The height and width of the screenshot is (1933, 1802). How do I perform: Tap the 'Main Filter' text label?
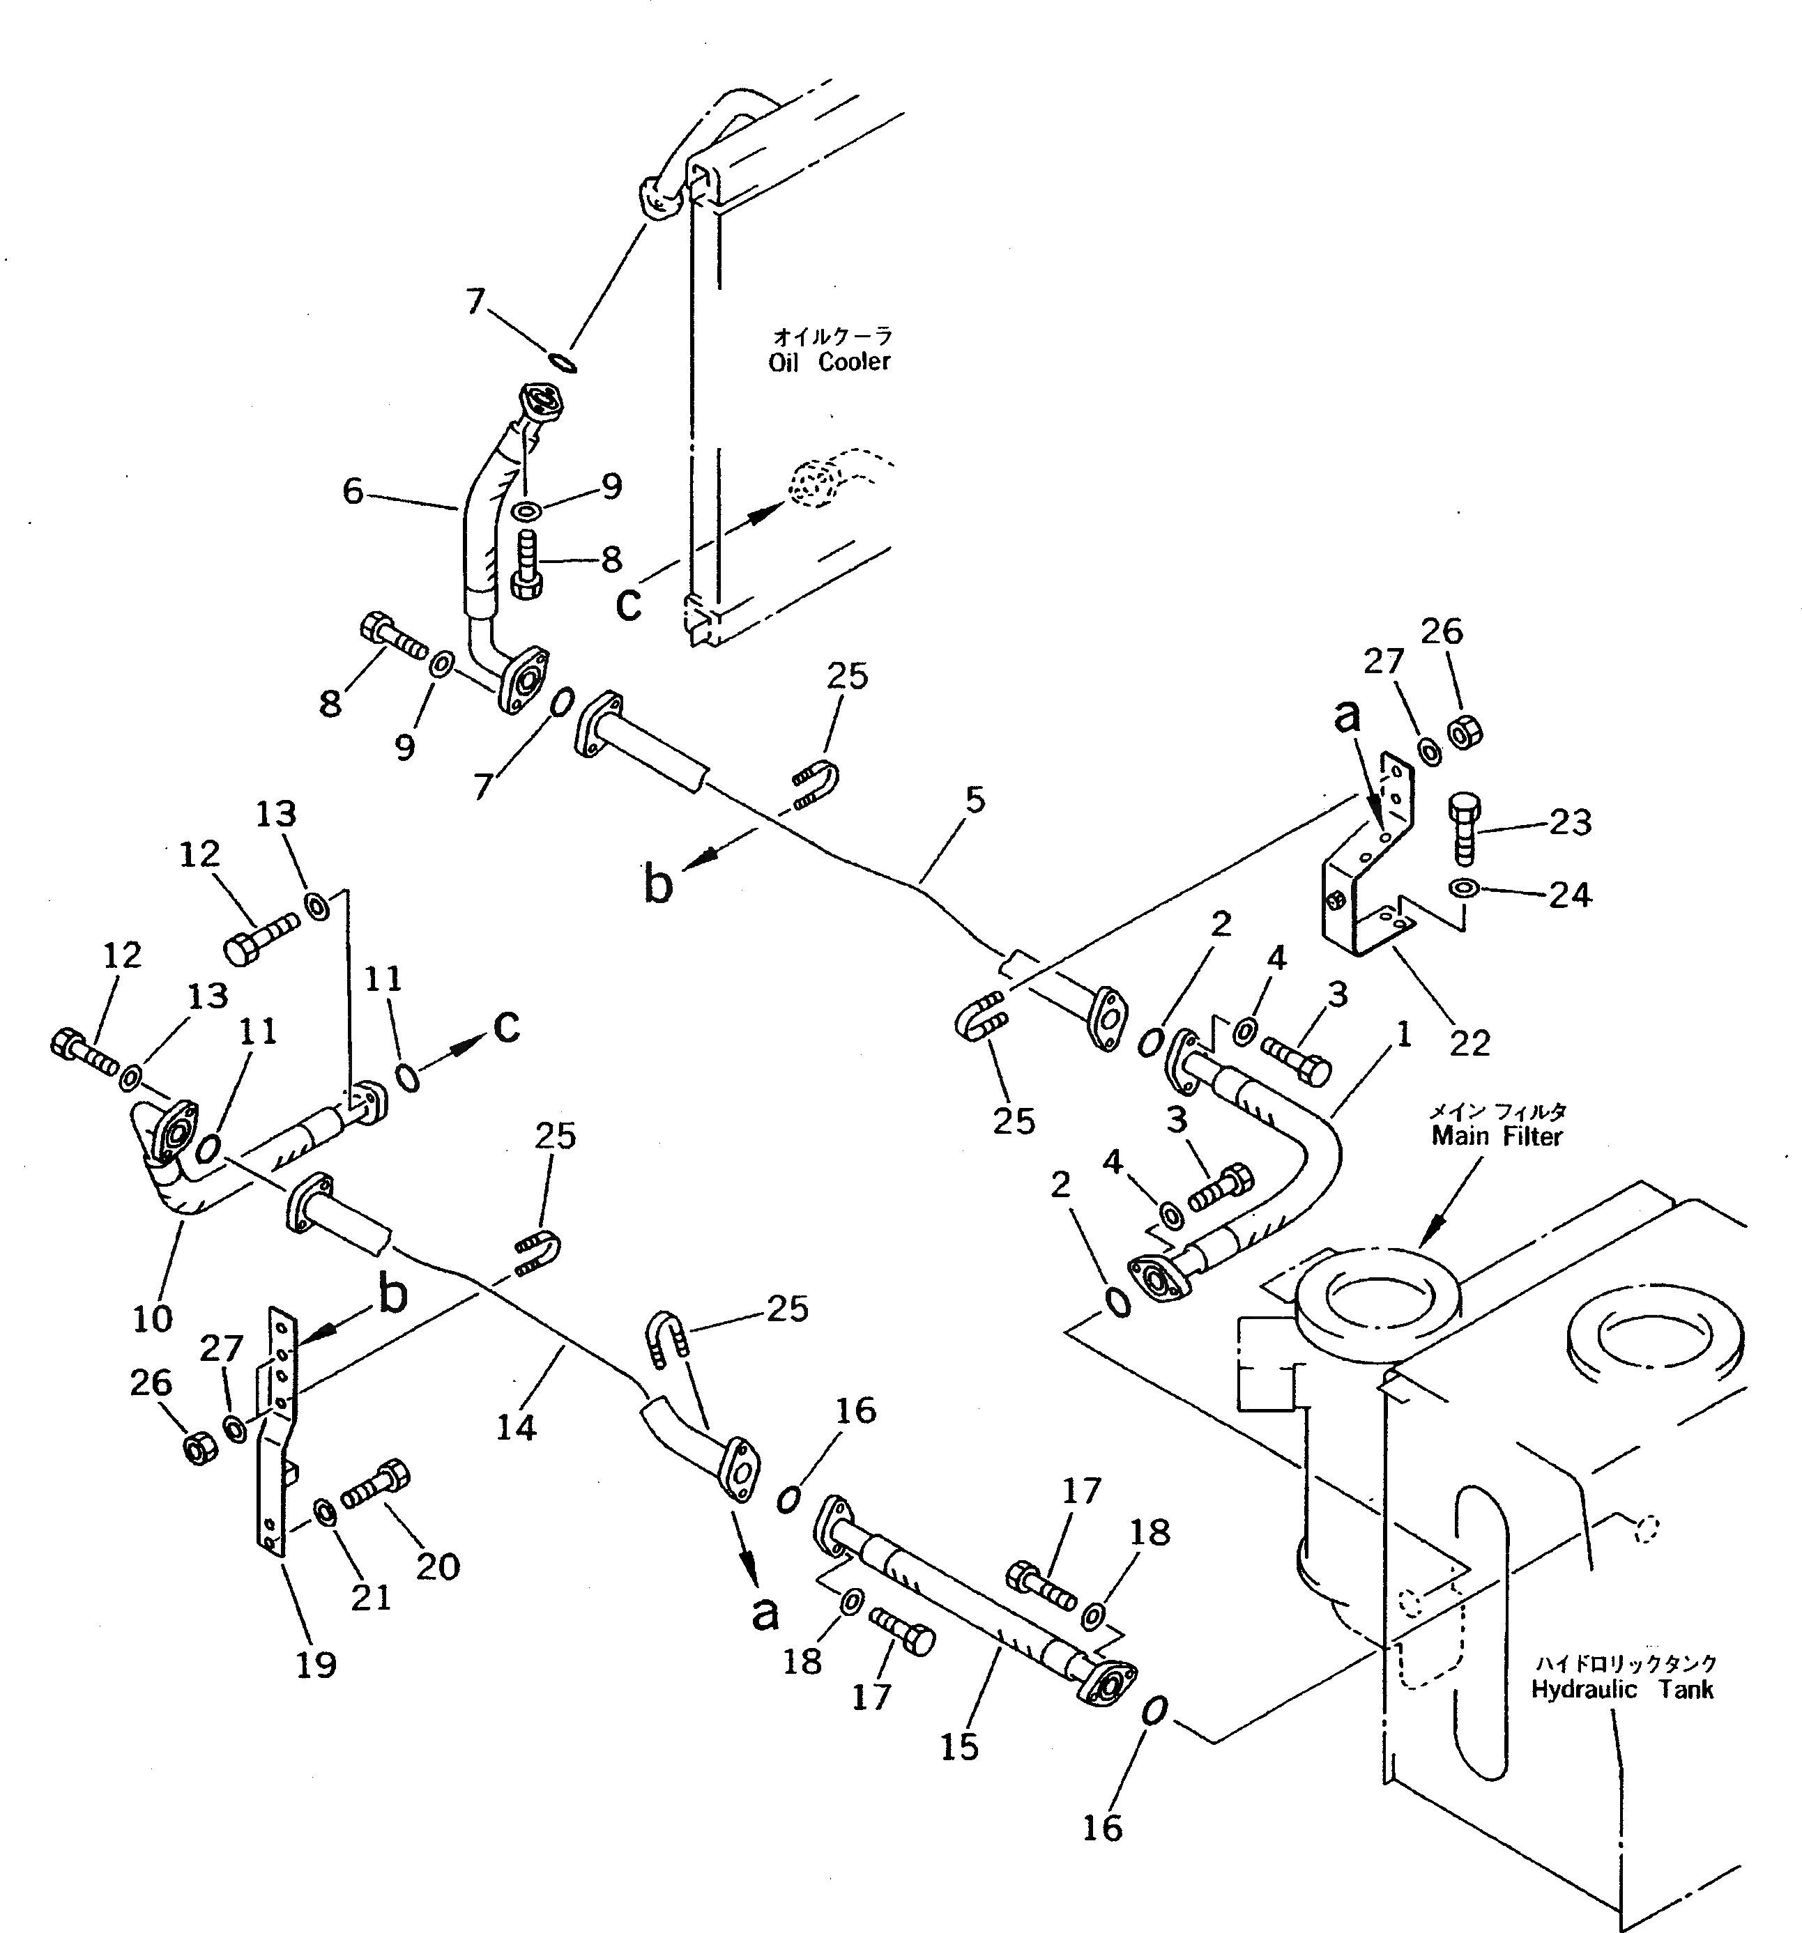1497,1136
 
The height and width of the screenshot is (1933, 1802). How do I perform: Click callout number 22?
1469,1042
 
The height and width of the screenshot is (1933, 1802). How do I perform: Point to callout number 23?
1570,822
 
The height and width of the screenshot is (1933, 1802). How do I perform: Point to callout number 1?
1403,1036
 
